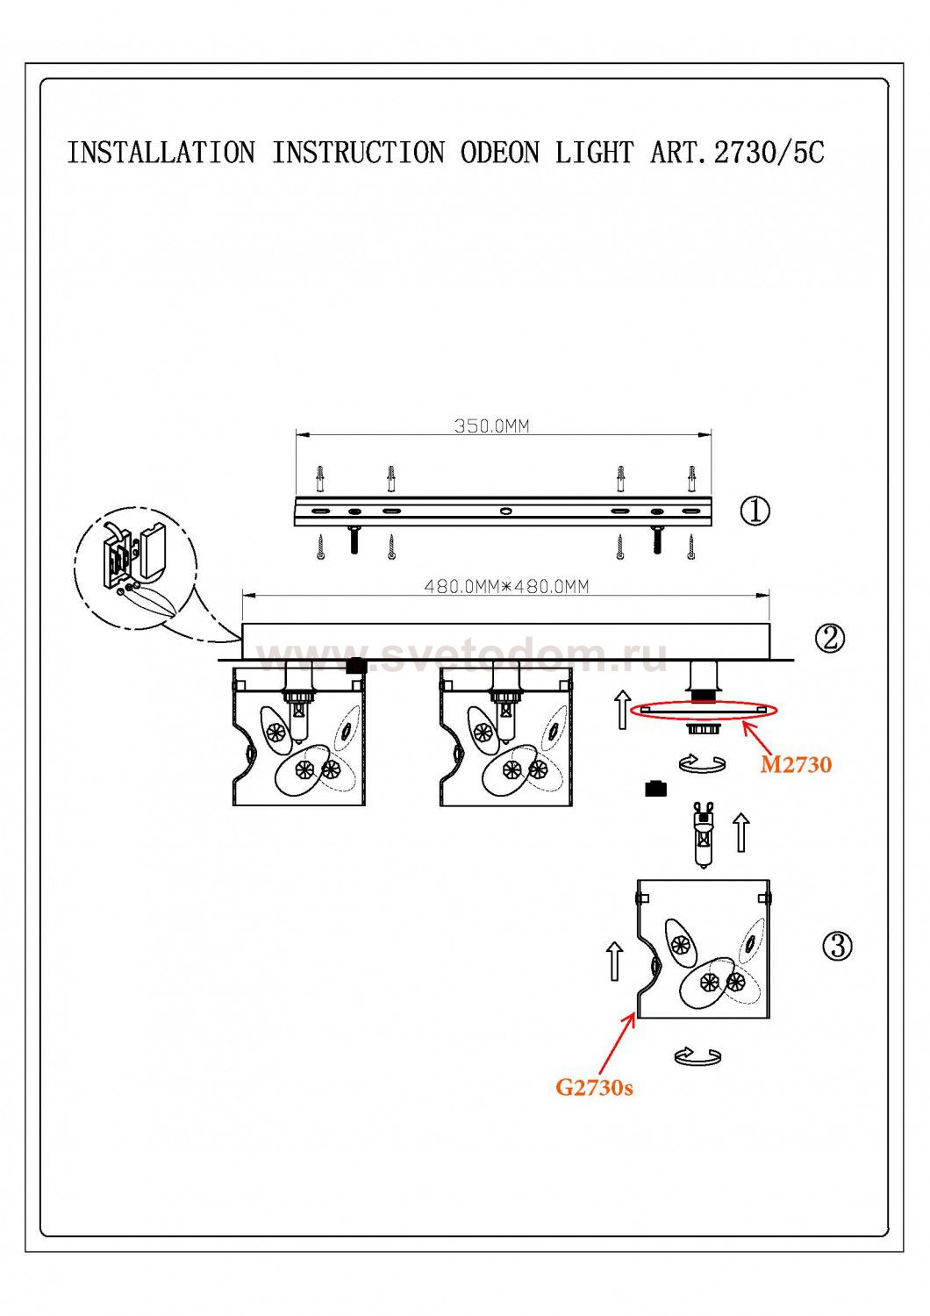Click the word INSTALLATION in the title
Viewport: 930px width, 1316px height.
pos(161,153)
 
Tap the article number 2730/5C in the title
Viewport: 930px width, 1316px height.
pos(769,153)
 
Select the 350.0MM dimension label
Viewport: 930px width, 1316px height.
pos(491,426)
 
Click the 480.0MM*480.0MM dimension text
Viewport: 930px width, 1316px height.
pos(506,586)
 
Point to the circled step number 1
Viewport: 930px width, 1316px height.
pos(755,511)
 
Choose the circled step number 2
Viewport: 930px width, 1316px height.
pos(829,638)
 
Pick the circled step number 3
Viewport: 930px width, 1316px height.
pos(838,946)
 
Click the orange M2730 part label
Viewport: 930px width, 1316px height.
pos(796,765)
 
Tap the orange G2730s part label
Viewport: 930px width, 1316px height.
pos(594,1088)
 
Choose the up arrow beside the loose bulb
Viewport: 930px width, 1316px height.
pos(741,832)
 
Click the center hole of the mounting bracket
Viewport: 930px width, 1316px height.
pos(504,511)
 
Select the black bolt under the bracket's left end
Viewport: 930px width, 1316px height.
pos(354,539)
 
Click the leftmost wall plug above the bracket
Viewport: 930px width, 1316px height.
pos(320,479)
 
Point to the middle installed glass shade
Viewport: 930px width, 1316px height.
pos(505,737)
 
